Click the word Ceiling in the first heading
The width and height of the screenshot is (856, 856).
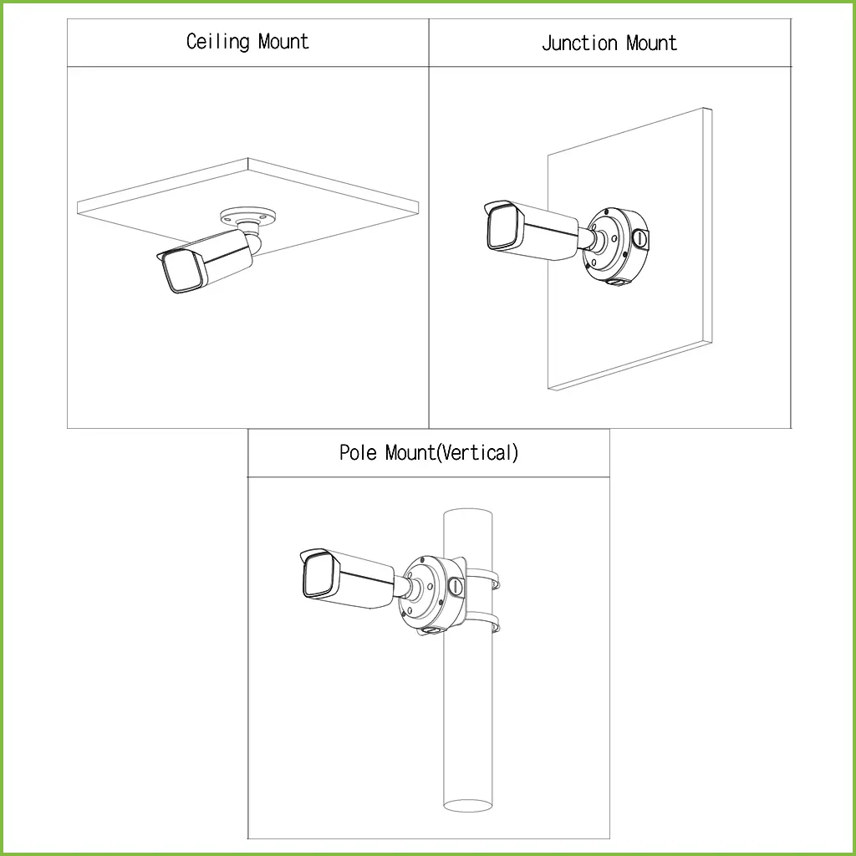pyautogui.click(x=217, y=42)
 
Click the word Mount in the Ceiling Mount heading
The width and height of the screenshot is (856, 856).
pyautogui.click(x=283, y=42)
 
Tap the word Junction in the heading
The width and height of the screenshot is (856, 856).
pyautogui.click(x=576, y=43)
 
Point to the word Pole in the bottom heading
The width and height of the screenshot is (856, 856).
pyautogui.click(x=359, y=453)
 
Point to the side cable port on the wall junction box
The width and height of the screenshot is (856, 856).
pyautogui.click(x=639, y=237)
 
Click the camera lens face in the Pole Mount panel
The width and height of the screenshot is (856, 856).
pyautogui.click(x=318, y=576)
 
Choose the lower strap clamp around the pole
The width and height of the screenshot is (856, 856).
pyautogui.click(x=484, y=624)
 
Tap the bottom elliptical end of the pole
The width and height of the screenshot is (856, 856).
pyautogui.click(x=467, y=805)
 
